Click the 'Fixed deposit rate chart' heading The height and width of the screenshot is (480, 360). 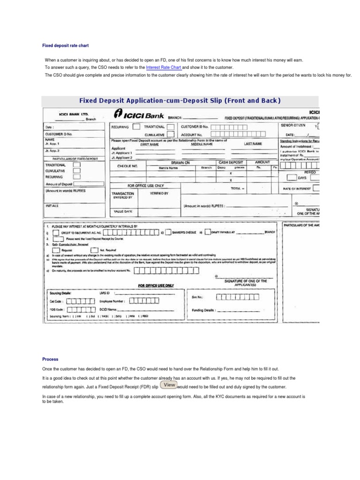[x=65, y=46]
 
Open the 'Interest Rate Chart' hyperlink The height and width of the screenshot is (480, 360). [x=164, y=67]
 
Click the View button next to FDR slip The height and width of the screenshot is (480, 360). [x=169, y=385]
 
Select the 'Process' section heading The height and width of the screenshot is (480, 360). [x=50, y=360]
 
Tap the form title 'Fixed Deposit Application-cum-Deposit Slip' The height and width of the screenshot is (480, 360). [x=180, y=100]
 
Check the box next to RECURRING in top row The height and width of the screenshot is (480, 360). [x=136, y=127]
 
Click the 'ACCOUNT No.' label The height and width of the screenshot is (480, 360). [x=189, y=134]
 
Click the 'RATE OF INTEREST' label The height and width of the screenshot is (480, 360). [x=297, y=188]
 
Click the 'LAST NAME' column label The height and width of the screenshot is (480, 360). [x=252, y=144]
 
